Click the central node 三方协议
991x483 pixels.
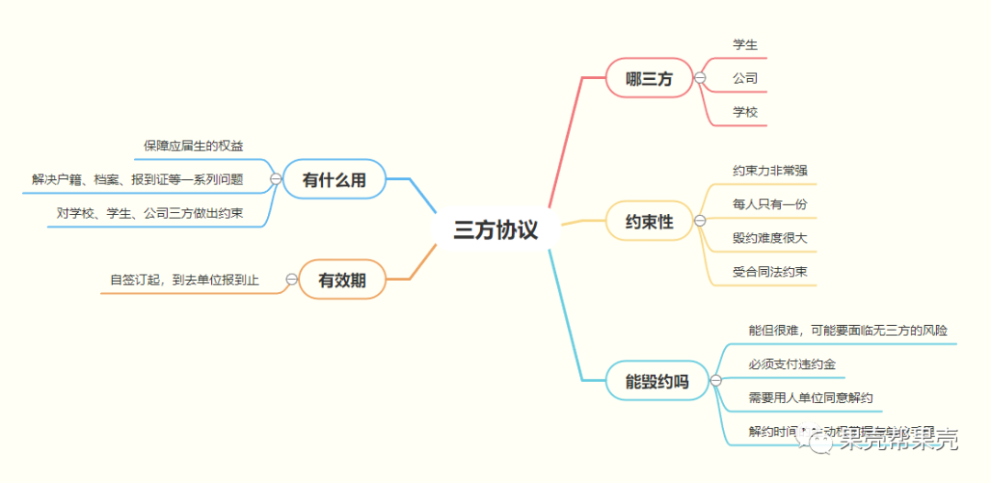pyautogui.click(x=495, y=230)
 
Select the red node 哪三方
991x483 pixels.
pyautogui.click(x=649, y=79)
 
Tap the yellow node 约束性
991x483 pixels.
pyautogui.click(x=649, y=221)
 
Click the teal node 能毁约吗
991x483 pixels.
pyautogui.click(x=657, y=381)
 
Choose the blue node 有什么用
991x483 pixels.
pyautogui.click(x=334, y=180)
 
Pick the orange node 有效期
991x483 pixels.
pyautogui.click(x=341, y=280)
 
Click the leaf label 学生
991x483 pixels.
pyautogui.click(x=745, y=44)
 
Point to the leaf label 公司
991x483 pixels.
pyautogui.click(x=745, y=78)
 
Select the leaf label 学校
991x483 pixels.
pyautogui.click(x=745, y=112)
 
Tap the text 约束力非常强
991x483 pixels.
pyautogui.click(x=770, y=170)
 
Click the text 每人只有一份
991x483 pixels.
pyautogui.click(x=770, y=204)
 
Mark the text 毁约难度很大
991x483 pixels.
pyautogui.click(x=770, y=238)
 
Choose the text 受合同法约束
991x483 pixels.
pyautogui.click(x=770, y=272)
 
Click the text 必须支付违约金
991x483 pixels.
pyautogui.click(x=792, y=365)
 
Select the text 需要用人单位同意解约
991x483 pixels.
pyautogui.click(x=810, y=399)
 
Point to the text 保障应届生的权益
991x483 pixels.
pyautogui.click(x=194, y=145)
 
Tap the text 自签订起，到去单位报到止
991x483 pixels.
pyautogui.click(x=184, y=279)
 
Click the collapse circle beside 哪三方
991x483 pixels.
pyautogui.click(x=700, y=79)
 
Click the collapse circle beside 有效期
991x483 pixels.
pyautogui.click(x=292, y=279)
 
